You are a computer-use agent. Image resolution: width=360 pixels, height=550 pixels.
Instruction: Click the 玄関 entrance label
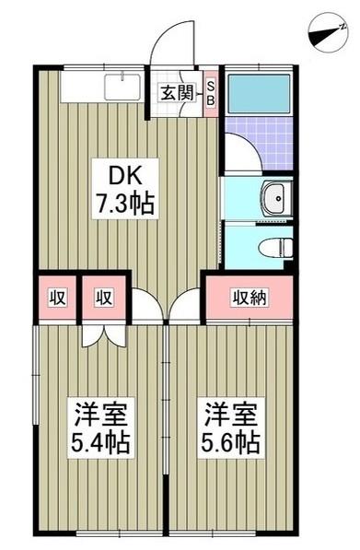point(175,92)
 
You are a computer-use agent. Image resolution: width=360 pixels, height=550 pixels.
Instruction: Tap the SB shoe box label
point(210,92)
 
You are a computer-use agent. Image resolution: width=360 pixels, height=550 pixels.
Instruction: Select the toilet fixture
point(273,246)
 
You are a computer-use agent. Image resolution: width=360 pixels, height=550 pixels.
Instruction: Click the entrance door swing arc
point(171,41)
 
